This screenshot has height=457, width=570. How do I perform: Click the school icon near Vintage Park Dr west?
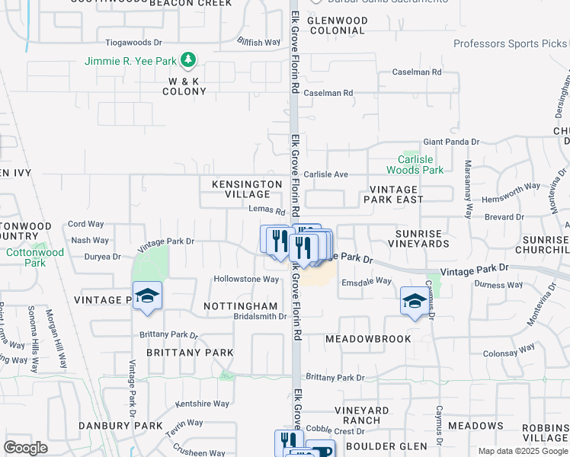pyautogui.click(x=147, y=296)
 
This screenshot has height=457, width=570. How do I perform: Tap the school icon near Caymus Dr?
pyautogui.click(x=414, y=302)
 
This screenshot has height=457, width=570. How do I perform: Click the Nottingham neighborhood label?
pyautogui.click(x=240, y=305)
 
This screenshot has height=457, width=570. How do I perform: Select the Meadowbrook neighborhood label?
pyautogui.click(x=368, y=338)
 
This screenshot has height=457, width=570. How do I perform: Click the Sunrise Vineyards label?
pyautogui.click(x=422, y=238)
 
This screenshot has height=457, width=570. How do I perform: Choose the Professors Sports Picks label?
pyautogui.click(x=510, y=43)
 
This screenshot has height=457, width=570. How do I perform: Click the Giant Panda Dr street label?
pyautogui.click(x=450, y=142)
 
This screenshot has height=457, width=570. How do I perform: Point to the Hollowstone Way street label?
pyautogui.click(x=246, y=279)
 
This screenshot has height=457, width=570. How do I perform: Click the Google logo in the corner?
pyautogui.click(x=25, y=448)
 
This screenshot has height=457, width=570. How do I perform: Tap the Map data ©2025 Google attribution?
pyautogui.click(x=522, y=451)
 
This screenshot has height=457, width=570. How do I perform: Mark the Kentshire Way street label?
pyautogui.click(x=202, y=404)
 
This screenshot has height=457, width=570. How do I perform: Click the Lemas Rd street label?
pyautogui.click(x=266, y=211)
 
